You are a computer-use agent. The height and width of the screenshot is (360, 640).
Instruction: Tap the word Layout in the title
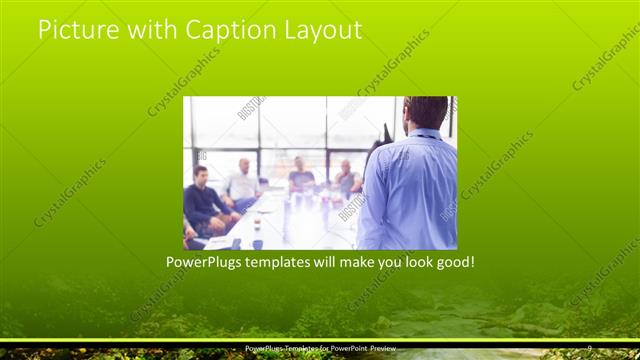click(322, 31)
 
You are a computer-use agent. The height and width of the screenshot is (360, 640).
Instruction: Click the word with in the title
click(150, 31)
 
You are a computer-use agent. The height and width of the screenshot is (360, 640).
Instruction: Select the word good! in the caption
click(451, 263)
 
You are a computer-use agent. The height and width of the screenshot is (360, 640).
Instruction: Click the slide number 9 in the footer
click(590, 348)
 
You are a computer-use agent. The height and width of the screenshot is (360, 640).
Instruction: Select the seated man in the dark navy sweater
click(204, 200)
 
